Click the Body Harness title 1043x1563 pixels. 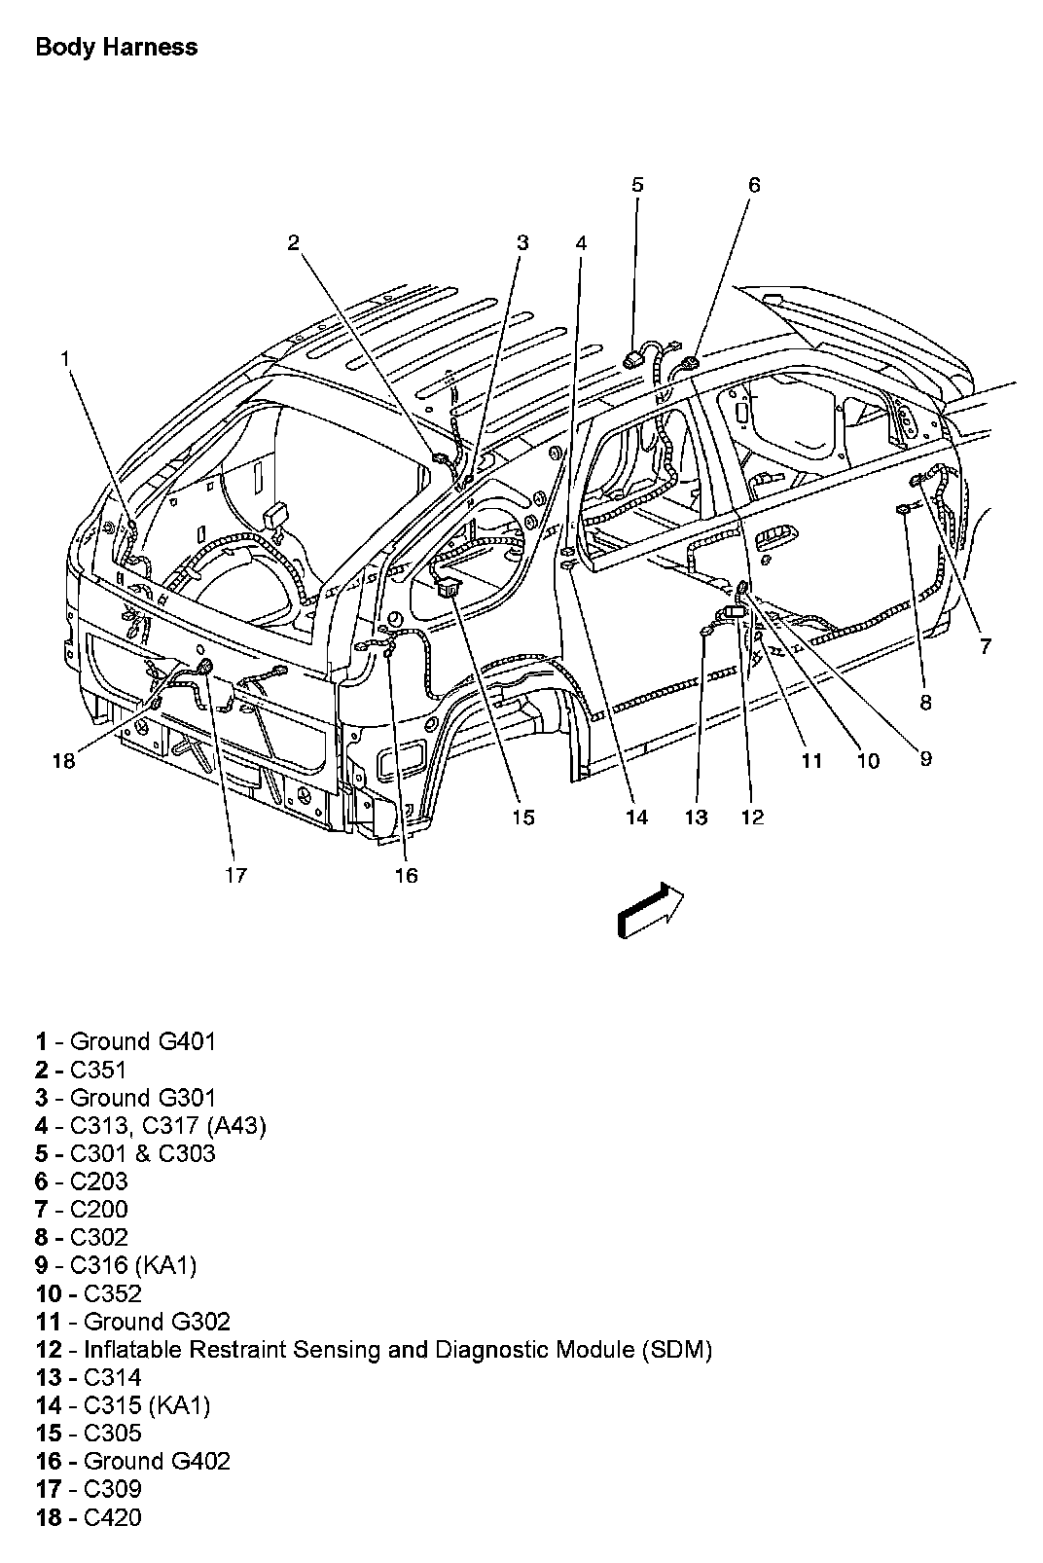tap(116, 47)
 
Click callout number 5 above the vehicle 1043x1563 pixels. tap(637, 185)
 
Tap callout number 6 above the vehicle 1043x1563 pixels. tap(754, 185)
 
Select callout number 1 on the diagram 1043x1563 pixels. tap(65, 359)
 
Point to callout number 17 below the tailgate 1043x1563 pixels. tap(236, 875)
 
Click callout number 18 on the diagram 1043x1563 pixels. tap(63, 760)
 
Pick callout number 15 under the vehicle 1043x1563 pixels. tap(523, 818)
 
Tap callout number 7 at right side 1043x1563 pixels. tap(986, 645)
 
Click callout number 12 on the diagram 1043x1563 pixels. tap(752, 818)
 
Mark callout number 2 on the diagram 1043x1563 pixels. tap(293, 243)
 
